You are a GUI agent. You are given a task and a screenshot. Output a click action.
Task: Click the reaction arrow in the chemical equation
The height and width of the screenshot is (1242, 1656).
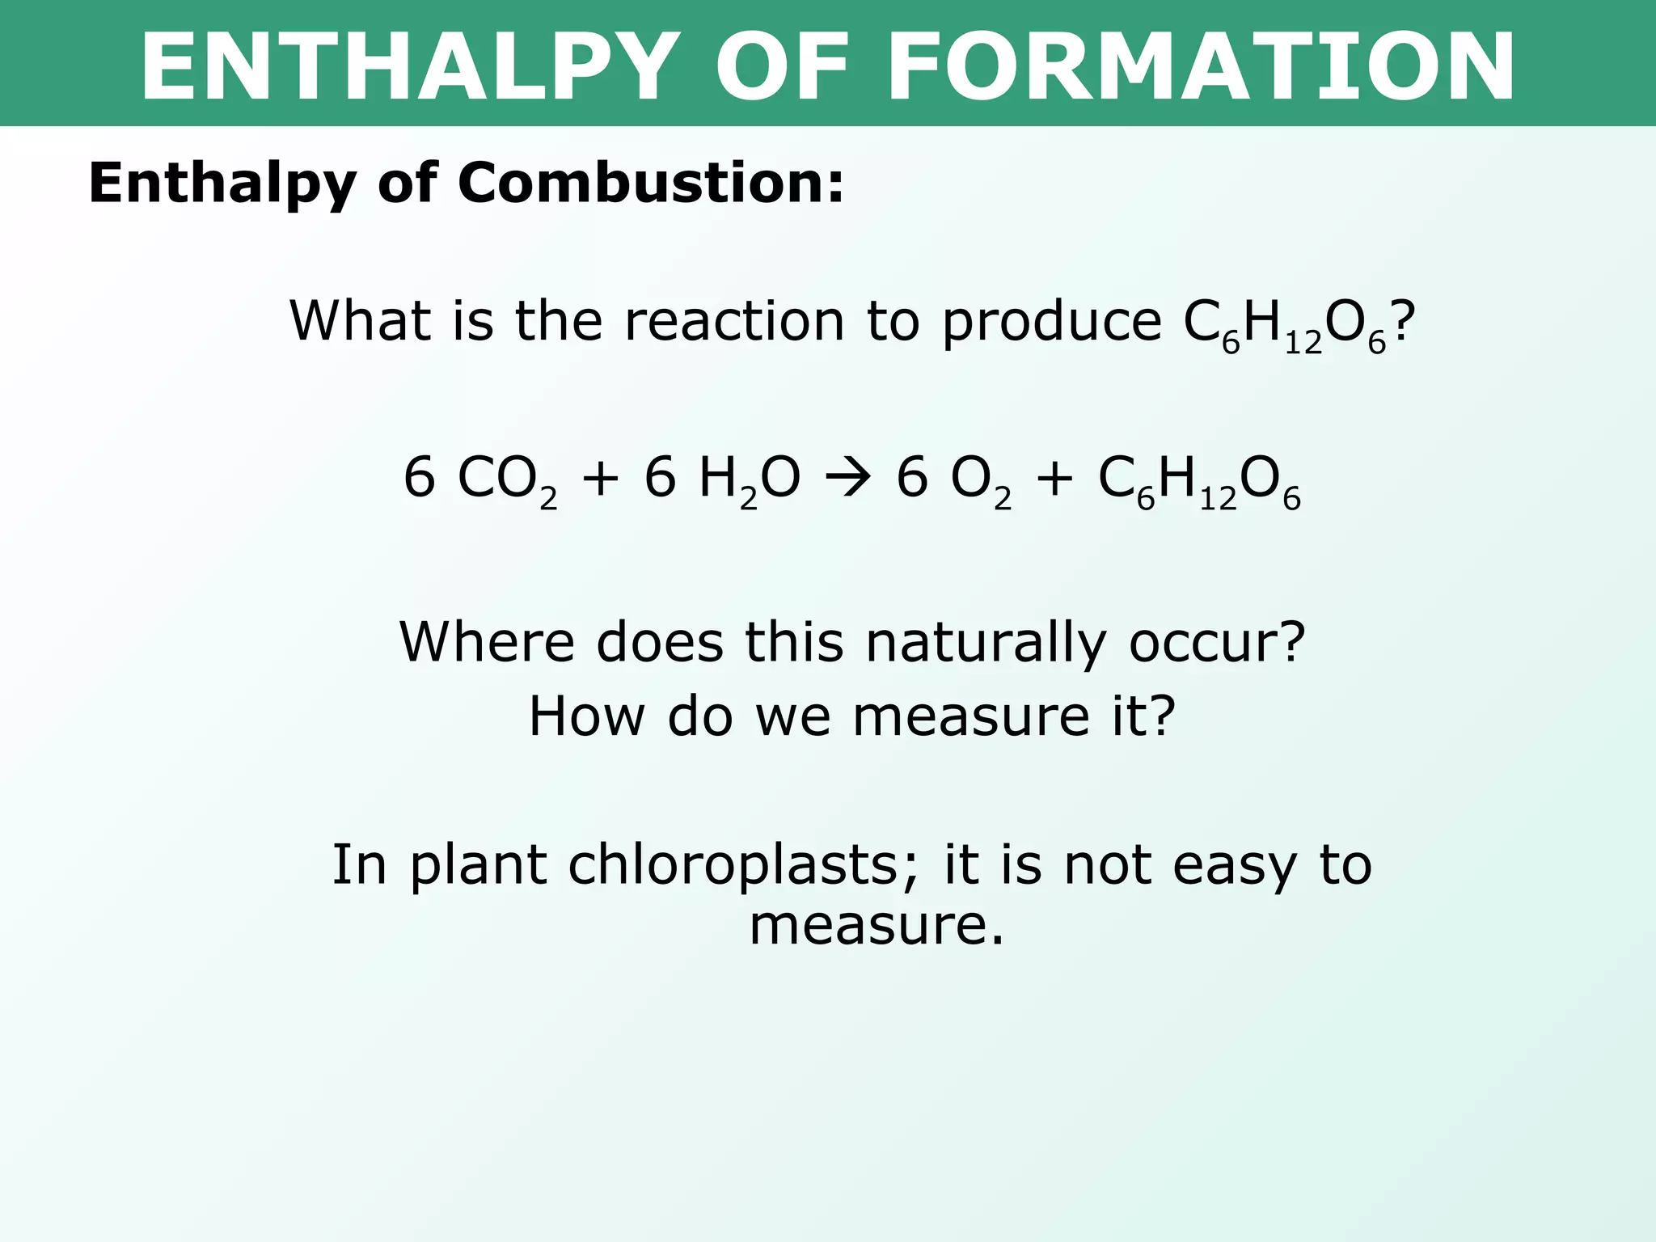pos(848,478)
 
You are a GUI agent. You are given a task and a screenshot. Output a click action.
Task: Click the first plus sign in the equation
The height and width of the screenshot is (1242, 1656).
pos(600,478)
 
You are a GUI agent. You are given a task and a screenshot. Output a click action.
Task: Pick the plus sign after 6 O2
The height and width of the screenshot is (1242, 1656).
pos(1054,478)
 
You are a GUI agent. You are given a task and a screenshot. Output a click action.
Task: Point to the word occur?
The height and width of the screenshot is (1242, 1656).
pos(1217,644)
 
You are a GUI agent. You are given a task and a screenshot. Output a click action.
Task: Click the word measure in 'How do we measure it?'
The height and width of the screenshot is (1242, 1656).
pos(971,717)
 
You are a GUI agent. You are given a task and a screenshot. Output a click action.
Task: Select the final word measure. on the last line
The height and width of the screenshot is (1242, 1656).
pos(877,926)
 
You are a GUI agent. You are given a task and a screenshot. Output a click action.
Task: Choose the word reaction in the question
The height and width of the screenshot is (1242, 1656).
pos(735,322)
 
